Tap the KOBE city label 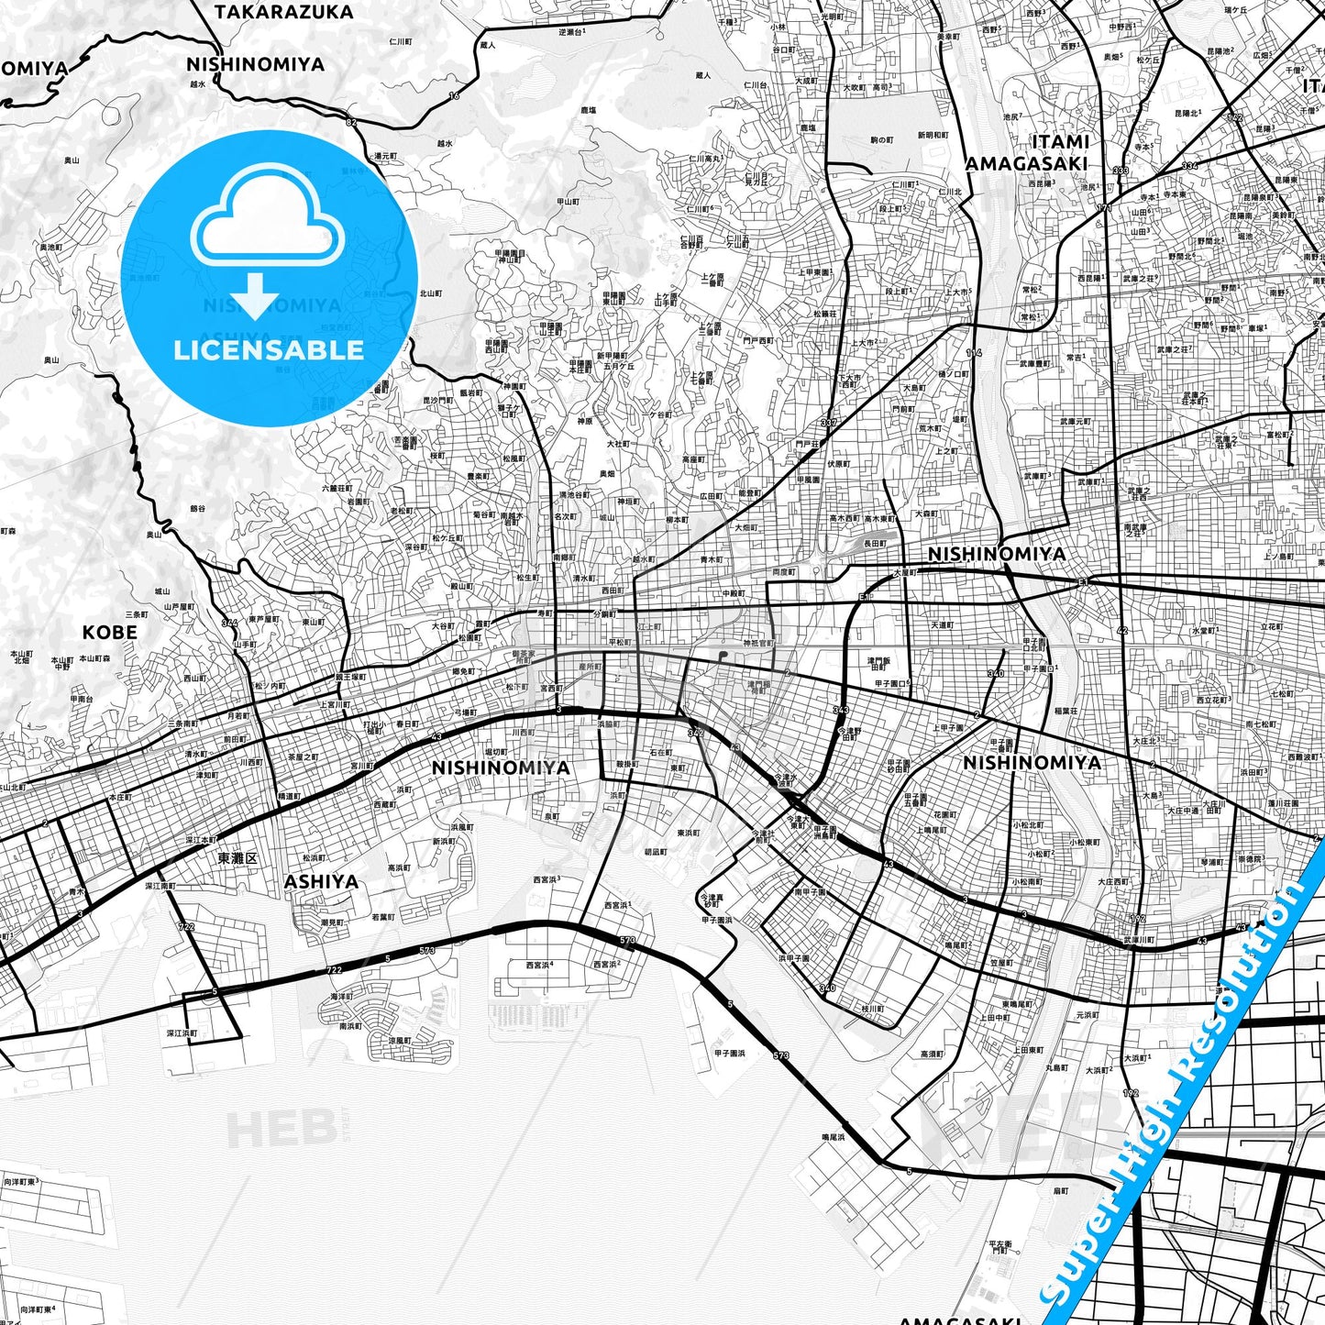(110, 633)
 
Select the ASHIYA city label (321, 882)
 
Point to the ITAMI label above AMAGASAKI (1060, 142)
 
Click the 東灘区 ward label (237, 859)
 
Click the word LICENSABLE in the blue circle (269, 349)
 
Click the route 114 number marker (974, 353)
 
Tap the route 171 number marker (1103, 209)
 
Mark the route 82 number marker (351, 122)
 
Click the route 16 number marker (454, 95)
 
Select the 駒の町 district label (880, 140)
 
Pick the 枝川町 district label (872, 1009)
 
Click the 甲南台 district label (82, 699)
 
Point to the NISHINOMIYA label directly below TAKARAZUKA (255, 64)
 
